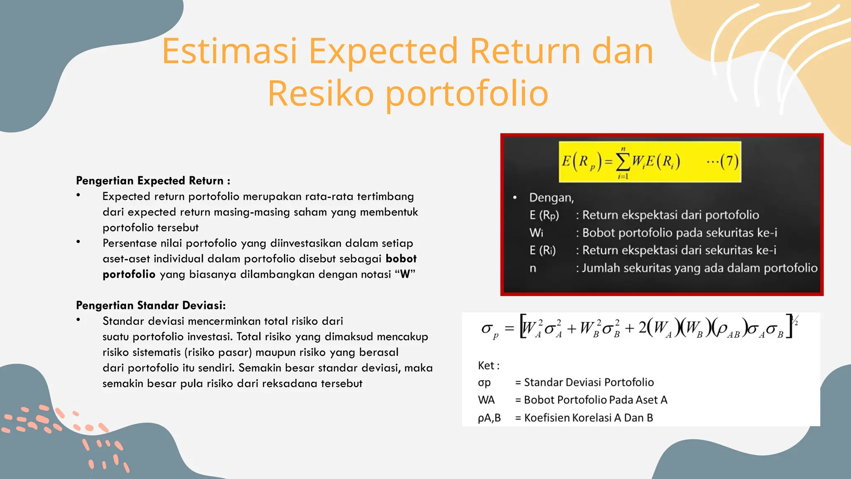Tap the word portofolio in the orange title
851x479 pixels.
(x=467, y=94)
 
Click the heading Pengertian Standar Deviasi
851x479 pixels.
(x=150, y=305)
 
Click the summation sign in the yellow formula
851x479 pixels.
(x=622, y=163)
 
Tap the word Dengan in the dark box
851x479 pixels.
(x=551, y=198)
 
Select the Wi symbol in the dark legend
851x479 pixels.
(x=536, y=233)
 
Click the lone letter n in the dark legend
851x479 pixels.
(x=533, y=269)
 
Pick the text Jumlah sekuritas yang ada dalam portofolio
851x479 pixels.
(x=699, y=268)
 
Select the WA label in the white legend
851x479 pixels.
(x=486, y=400)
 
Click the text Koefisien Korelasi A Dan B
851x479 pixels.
(x=588, y=418)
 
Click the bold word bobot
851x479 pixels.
(x=401, y=259)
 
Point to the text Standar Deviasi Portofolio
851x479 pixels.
(x=589, y=383)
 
